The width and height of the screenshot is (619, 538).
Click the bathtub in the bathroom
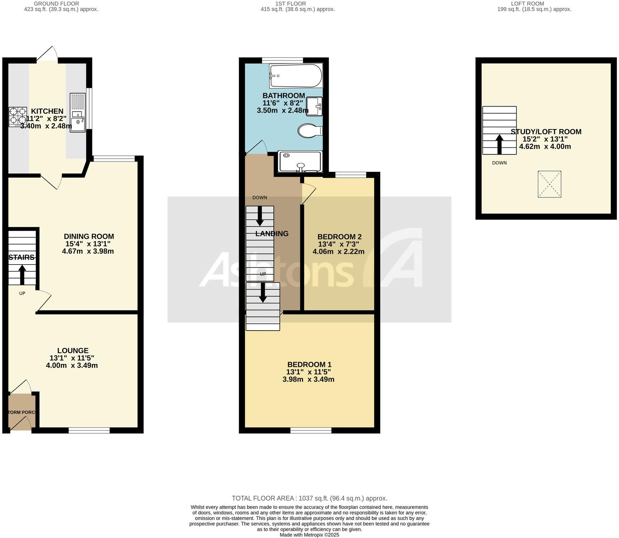(x=296, y=76)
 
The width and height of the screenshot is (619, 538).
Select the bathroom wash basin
(x=314, y=106)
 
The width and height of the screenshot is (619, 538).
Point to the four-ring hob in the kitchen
(x=18, y=117)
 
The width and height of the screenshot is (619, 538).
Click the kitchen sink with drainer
(x=78, y=112)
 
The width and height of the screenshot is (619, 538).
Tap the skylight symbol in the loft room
(x=549, y=184)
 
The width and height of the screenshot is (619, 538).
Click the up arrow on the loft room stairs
(x=499, y=144)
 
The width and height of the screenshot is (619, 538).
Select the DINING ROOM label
(x=89, y=237)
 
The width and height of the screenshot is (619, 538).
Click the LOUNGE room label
(x=73, y=350)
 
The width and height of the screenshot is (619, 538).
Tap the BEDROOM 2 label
(x=339, y=237)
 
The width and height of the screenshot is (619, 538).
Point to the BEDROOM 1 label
(x=309, y=364)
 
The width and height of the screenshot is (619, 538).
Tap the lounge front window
(x=89, y=430)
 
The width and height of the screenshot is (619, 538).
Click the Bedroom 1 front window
(x=311, y=430)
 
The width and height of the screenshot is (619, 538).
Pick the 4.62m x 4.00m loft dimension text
(x=545, y=147)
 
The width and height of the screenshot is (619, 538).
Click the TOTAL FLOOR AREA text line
(x=309, y=498)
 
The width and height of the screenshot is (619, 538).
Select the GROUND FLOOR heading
(x=56, y=4)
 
